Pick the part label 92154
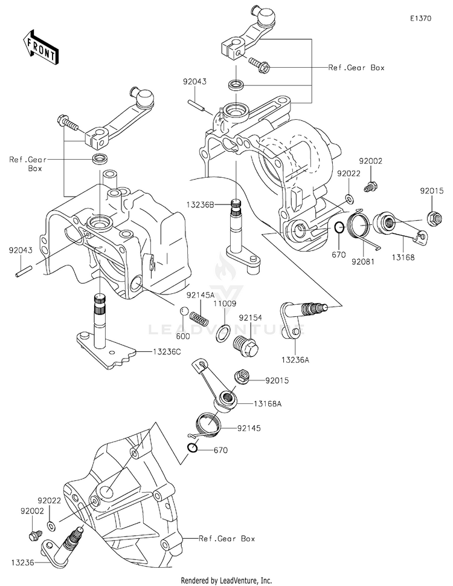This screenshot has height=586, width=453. point(249,317)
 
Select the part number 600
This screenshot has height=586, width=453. point(183,336)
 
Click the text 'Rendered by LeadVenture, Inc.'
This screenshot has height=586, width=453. point(226,580)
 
